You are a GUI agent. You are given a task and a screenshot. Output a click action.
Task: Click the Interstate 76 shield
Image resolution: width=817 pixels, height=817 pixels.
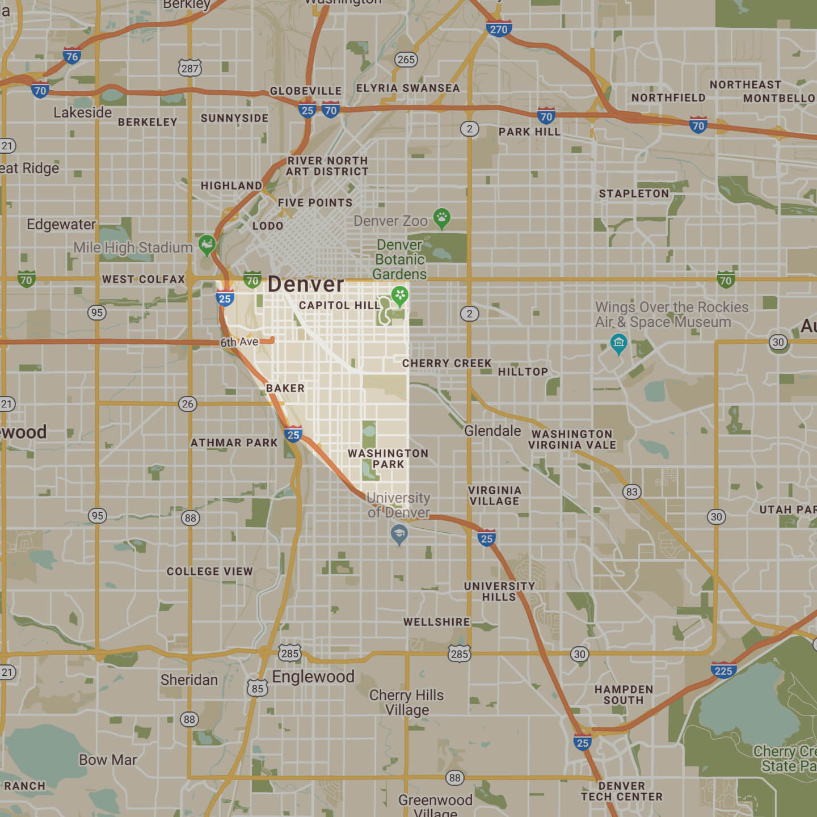(71, 56)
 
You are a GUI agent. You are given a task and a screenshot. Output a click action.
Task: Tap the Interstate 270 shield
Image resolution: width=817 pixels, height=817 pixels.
(499, 28)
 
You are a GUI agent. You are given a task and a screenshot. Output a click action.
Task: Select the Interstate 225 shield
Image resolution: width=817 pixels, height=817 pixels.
(723, 670)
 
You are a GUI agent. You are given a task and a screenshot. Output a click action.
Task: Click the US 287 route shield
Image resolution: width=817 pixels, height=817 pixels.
(189, 68)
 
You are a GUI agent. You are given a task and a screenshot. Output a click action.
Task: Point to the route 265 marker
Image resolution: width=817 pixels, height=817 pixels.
(406, 60)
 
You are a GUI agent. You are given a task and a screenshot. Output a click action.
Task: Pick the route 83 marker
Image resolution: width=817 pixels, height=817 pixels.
(631, 491)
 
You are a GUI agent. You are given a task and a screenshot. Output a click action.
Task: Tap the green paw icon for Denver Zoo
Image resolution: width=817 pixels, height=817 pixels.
(441, 217)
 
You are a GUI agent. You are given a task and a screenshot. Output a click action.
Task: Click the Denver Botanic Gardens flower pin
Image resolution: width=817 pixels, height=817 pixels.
(400, 295)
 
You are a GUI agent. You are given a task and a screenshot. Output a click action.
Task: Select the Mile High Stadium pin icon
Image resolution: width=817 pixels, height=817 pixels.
(207, 245)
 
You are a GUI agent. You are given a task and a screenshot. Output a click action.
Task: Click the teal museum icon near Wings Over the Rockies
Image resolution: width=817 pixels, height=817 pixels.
(618, 343)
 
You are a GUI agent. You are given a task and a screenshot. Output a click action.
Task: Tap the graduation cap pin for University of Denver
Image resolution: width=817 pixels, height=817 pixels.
(399, 533)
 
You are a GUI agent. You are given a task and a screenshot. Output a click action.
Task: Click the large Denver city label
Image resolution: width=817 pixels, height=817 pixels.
(306, 284)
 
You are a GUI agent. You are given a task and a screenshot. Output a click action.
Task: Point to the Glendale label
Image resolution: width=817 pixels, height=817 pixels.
(492, 431)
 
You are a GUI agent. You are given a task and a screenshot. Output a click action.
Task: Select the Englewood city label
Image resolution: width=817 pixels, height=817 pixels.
(313, 676)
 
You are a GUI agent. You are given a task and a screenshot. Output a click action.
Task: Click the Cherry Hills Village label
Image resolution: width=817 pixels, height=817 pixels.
(406, 702)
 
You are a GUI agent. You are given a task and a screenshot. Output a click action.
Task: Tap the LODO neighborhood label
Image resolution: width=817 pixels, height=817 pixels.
(268, 226)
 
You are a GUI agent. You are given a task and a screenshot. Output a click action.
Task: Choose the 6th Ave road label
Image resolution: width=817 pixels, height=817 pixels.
(239, 342)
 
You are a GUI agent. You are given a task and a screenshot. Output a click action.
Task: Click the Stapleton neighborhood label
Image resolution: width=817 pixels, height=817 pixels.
(634, 193)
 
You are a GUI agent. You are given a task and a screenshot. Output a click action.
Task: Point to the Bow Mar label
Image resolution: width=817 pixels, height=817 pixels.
(108, 760)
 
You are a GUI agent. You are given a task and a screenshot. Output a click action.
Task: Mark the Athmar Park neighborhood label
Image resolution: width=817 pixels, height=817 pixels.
(234, 443)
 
